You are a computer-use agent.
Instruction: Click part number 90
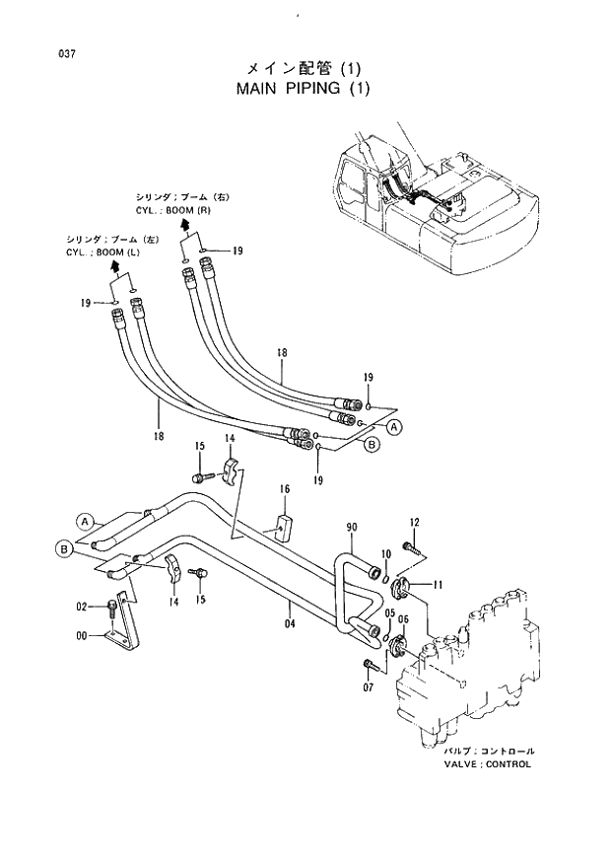(352, 529)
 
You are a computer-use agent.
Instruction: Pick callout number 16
(284, 488)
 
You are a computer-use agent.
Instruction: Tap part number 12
(415, 522)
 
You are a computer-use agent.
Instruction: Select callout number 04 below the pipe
(290, 622)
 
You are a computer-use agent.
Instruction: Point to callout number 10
(386, 554)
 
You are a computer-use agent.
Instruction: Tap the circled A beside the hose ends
(394, 427)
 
